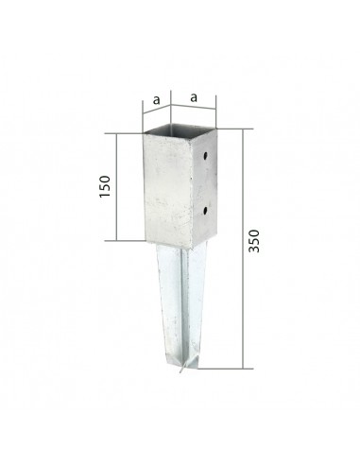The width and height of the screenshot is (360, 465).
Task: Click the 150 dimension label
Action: pos(105,186)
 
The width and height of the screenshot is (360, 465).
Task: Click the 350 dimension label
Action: pos(254,241)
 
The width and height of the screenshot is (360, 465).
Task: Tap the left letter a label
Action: pos(156,100)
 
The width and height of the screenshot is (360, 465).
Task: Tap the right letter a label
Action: pos(194,97)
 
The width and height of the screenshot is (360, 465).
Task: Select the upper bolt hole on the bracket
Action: pos(205,155)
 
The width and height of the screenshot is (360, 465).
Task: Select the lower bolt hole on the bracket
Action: pos(205,210)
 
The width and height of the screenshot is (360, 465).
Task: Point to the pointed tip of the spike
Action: pos(180,371)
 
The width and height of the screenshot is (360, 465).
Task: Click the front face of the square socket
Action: pos(168,191)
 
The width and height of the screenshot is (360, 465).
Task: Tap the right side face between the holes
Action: pos(204,182)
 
